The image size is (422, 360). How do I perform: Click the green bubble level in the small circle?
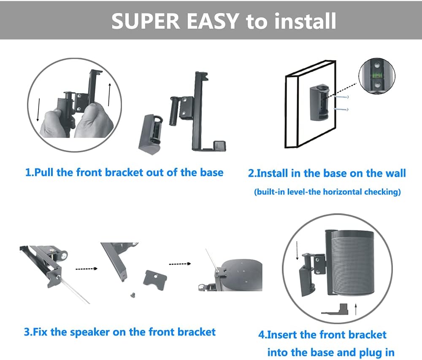(377, 76)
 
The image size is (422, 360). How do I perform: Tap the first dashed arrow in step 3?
(86, 269)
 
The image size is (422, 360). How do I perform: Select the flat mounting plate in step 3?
(155, 278)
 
